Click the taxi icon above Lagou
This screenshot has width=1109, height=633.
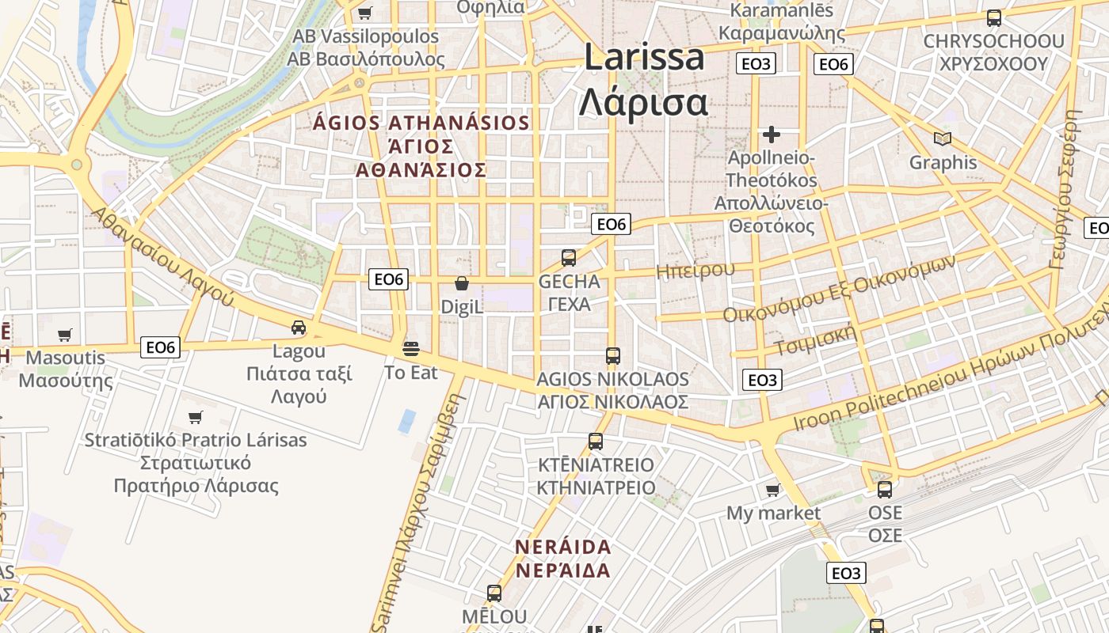click(299, 328)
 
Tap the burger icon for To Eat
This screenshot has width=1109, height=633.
click(410, 349)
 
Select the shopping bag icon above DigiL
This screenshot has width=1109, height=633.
click(462, 283)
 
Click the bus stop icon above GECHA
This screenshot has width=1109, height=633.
click(569, 257)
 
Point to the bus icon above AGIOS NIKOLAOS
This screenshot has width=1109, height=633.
click(612, 356)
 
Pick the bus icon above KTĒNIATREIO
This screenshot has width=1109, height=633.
click(596, 442)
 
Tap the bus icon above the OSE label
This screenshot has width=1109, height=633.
click(885, 490)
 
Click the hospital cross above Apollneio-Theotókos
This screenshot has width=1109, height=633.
click(772, 135)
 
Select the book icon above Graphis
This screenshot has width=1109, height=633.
click(943, 139)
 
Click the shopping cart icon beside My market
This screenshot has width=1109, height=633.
click(772, 491)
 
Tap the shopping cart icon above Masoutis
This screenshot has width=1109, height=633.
click(65, 335)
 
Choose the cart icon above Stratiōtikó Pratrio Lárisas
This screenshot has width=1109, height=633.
click(196, 417)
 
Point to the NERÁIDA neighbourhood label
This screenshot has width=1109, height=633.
click(563, 559)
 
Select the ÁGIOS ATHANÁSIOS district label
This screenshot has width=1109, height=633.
click(421, 146)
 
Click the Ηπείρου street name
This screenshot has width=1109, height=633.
click(696, 271)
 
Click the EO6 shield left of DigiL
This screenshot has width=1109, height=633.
click(389, 279)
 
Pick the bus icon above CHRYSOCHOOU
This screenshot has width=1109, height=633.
click(993, 18)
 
